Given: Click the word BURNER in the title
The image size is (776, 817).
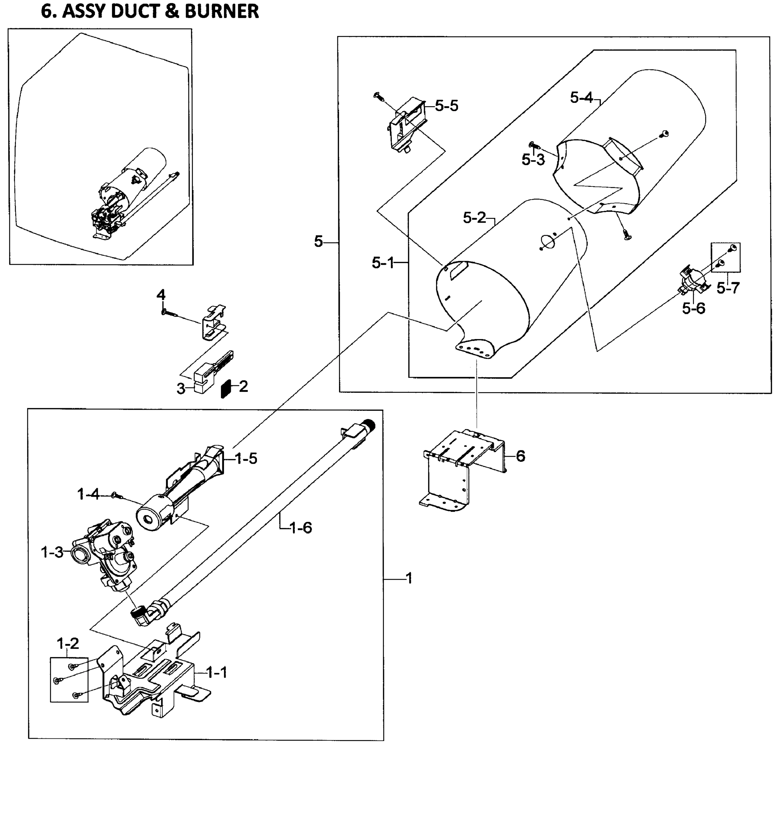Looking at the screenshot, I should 222,11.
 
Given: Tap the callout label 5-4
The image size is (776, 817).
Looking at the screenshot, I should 581,98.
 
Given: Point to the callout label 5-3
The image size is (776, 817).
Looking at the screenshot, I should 533,160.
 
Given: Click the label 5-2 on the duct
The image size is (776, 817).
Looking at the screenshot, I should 474,218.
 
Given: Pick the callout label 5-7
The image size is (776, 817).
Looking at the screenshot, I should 728,288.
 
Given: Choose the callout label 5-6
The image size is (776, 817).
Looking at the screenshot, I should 694,308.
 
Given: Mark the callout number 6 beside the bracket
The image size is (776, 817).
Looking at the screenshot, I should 520,456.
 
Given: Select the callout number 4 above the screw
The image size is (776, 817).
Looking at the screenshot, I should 161,295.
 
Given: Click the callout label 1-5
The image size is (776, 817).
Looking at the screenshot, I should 246,458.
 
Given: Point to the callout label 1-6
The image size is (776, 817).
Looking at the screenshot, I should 301,527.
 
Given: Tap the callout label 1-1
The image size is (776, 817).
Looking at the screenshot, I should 217,673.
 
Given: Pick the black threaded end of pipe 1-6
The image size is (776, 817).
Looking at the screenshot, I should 369,425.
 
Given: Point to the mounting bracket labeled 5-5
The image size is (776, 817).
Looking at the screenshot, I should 405,124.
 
